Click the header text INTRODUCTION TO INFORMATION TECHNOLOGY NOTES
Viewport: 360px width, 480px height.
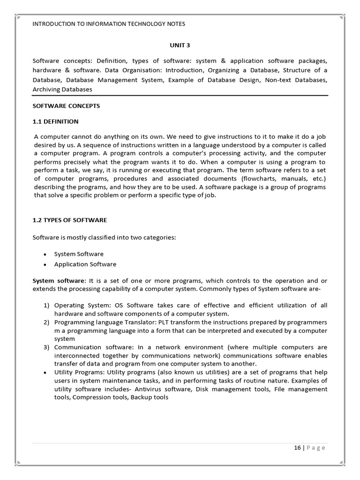(109, 24)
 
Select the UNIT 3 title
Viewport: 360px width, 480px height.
(180, 45)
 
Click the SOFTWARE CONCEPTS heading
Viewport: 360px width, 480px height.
(66, 106)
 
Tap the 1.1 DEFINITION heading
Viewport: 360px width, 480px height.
(55, 121)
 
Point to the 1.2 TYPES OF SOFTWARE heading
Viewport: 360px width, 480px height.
(70, 220)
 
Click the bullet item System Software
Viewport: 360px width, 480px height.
(79, 254)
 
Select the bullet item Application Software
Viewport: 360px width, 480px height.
(85, 264)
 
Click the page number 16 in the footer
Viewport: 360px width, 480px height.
(298, 448)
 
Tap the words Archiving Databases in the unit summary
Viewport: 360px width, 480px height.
(62, 89)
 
